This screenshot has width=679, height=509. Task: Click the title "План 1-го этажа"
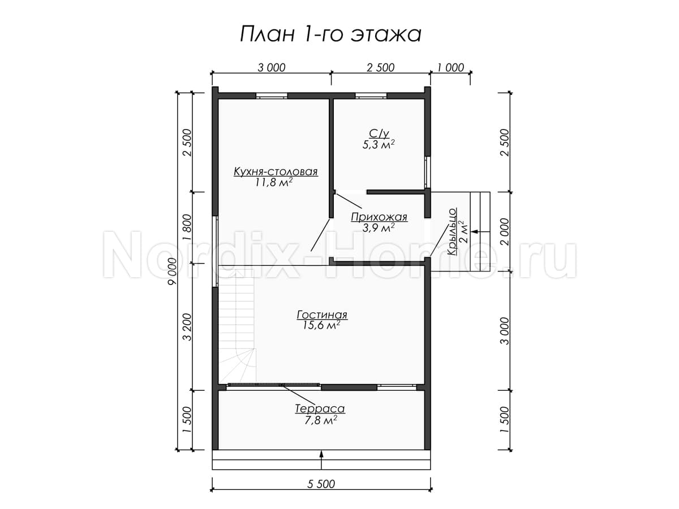click(x=330, y=34)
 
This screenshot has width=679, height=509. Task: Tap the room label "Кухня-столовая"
click(x=276, y=172)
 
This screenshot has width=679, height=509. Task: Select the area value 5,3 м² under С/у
click(x=379, y=145)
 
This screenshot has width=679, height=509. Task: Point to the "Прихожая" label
click(x=379, y=218)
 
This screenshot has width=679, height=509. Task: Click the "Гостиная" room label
click(x=322, y=315)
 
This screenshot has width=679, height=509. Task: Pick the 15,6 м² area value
click(x=322, y=325)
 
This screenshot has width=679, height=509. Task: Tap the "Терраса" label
click(x=320, y=409)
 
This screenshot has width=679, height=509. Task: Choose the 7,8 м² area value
click(x=320, y=420)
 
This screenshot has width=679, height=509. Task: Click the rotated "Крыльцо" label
click(x=452, y=232)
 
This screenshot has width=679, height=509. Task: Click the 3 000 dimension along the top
click(x=271, y=68)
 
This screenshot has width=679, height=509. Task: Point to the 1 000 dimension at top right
click(x=450, y=68)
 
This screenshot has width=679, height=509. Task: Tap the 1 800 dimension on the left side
click(x=187, y=227)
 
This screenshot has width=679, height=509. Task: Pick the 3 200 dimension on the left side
click(x=187, y=327)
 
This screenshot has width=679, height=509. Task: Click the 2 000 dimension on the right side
click(x=504, y=232)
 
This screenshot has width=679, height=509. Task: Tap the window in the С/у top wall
click(x=371, y=96)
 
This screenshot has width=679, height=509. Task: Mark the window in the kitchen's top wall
click(x=272, y=96)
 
